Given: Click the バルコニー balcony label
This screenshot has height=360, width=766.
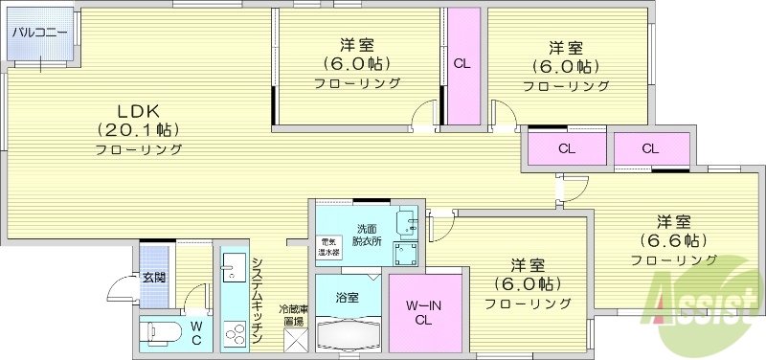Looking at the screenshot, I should pos(39,32).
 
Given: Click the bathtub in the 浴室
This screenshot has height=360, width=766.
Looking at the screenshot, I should pos(348,335).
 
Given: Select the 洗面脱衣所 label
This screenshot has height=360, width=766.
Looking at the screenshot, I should pos(369,235).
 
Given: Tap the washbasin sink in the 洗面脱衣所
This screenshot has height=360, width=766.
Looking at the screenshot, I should pos(410,222).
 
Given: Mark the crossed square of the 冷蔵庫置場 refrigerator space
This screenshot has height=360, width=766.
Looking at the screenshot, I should pos(293,341).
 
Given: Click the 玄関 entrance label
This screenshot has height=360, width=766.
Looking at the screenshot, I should pos(154,278).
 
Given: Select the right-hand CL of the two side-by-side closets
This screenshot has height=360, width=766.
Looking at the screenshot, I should pos(650,148).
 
